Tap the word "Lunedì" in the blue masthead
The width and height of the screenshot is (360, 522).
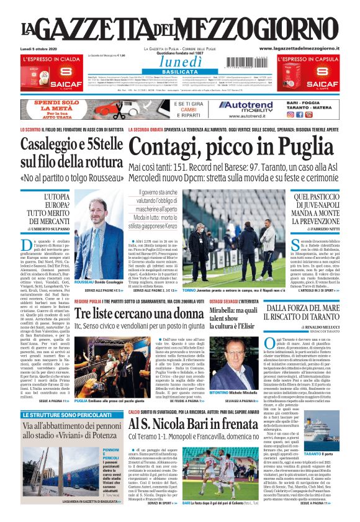click(x=179, y=62)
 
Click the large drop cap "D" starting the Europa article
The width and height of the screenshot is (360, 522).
click(x=27, y=245)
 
